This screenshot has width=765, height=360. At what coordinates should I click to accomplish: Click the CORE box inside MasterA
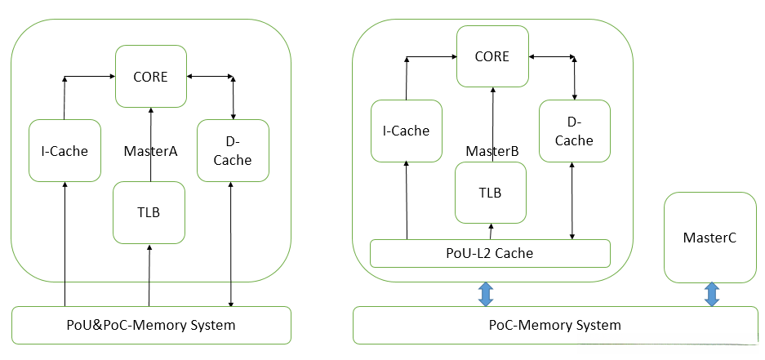pos(150,77)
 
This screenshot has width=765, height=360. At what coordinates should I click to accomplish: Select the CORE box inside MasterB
pos(491,56)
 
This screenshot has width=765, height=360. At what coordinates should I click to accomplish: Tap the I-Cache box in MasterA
pos(64,150)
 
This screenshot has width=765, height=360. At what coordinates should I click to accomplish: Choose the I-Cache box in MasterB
pos(406,131)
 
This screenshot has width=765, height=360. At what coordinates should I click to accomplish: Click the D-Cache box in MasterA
pos(233,150)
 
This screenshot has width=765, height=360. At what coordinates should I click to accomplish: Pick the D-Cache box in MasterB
pos(574,131)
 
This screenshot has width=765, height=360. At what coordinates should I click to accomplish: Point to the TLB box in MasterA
pos(149,212)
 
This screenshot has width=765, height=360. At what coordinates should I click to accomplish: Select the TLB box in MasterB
pos(490,193)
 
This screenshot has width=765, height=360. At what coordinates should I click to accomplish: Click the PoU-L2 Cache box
pos(490,253)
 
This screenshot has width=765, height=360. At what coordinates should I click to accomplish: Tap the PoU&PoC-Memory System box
pos(150,325)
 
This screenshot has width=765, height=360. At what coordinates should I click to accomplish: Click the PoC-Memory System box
pos(555,325)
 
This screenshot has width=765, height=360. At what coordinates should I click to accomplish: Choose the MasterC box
pos(709,238)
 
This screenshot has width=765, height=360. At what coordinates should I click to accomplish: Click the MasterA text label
pos(150,151)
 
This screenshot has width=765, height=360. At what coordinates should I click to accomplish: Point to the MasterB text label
pos(492,152)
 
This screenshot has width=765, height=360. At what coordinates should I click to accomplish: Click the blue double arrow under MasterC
pos(711,295)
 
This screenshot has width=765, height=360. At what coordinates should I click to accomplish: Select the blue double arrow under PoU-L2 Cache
pos(485,295)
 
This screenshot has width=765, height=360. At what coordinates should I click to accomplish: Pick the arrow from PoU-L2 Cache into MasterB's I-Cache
pos(406,200)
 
